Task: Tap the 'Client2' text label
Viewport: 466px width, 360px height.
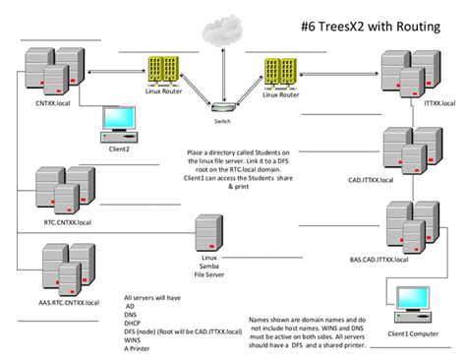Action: tap(119, 149)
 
